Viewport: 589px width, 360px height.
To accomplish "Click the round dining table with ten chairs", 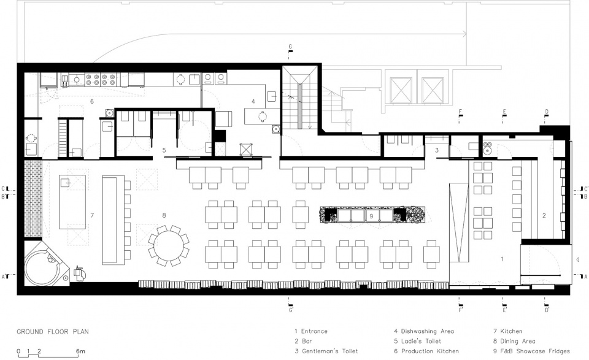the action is [169, 246].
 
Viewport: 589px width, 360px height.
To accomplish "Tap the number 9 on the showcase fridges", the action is [371, 216].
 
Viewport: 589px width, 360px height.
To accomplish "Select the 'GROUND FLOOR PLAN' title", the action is [53, 331].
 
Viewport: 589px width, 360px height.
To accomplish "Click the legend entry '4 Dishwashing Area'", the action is [424, 331].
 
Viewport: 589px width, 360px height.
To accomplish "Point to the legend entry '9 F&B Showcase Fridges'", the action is [531, 351].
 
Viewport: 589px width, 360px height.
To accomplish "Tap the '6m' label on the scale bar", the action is [80, 351].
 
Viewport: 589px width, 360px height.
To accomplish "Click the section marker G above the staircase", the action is [290, 47].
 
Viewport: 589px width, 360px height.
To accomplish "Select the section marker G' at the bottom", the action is [291, 310].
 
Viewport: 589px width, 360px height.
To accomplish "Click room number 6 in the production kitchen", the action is [91, 101].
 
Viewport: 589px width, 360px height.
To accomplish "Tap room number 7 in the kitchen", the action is [92, 215].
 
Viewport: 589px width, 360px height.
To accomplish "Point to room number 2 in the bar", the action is [544, 215].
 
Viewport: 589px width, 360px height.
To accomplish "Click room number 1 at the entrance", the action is [502, 259].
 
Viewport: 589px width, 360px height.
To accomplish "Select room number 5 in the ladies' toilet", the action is [164, 150].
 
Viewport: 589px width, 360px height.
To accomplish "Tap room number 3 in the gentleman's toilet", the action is [437, 150].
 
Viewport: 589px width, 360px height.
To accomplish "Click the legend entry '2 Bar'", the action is [303, 341].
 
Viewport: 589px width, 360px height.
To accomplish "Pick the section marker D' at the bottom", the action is [547, 310].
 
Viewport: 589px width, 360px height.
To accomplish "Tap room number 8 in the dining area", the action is [164, 215].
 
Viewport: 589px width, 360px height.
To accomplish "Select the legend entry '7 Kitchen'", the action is [508, 331].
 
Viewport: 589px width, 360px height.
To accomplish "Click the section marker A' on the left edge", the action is [4, 277].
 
